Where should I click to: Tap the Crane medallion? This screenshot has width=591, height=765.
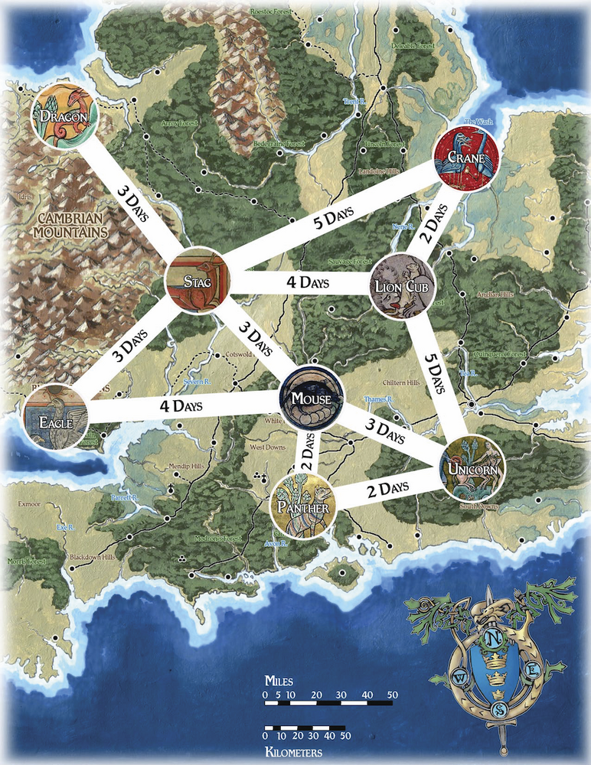pyautogui.click(x=468, y=155)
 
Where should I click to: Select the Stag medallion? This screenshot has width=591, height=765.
pyautogui.click(x=197, y=280)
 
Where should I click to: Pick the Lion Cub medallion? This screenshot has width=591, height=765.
pyautogui.click(x=403, y=286)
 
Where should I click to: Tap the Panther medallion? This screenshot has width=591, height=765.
pyautogui.click(x=305, y=506)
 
